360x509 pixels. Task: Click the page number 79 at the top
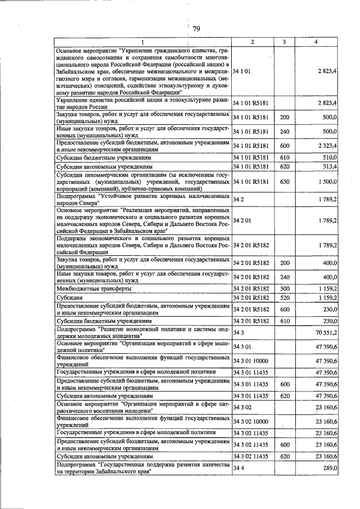[x=196, y=29]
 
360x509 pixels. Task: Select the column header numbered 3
[x=285, y=43]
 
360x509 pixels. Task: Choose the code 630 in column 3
[x=285, y=183]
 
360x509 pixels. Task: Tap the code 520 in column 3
[x=285, y=297]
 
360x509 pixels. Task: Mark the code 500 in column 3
[x=285, y=288]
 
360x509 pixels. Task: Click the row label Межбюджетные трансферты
[x=94, y=288]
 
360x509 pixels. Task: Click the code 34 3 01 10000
[x=251, y=360]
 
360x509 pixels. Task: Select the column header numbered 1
[x=142, y=43]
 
